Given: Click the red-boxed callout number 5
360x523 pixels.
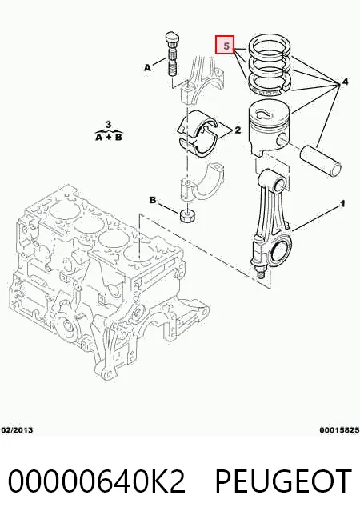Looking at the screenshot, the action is (x=226, y=46).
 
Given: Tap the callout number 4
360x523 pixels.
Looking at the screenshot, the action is (x=345, y=82).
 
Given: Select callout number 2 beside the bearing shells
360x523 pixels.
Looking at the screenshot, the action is (x=238, y=130).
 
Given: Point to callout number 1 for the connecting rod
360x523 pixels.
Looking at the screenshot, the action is (x=342, y=203).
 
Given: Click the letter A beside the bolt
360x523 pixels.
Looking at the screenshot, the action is (x=147, y=68).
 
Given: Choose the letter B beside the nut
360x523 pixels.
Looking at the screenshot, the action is (x=153, y=200).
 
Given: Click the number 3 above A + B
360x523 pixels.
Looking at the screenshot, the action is (x=109, y=125).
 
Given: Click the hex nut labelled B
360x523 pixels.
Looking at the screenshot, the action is (x=187, y=216).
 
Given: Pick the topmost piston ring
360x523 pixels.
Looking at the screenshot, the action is (x=269, y=47).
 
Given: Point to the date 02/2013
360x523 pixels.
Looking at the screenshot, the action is (x=18, y=430).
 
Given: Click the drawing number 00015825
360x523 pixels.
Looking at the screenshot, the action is (x=339, y=430).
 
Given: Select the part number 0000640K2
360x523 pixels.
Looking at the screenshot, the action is (x=97, y=481).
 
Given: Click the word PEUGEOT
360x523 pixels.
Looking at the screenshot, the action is (x=283, y=481).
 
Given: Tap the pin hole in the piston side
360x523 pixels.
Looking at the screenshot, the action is (x=282, y=139).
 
